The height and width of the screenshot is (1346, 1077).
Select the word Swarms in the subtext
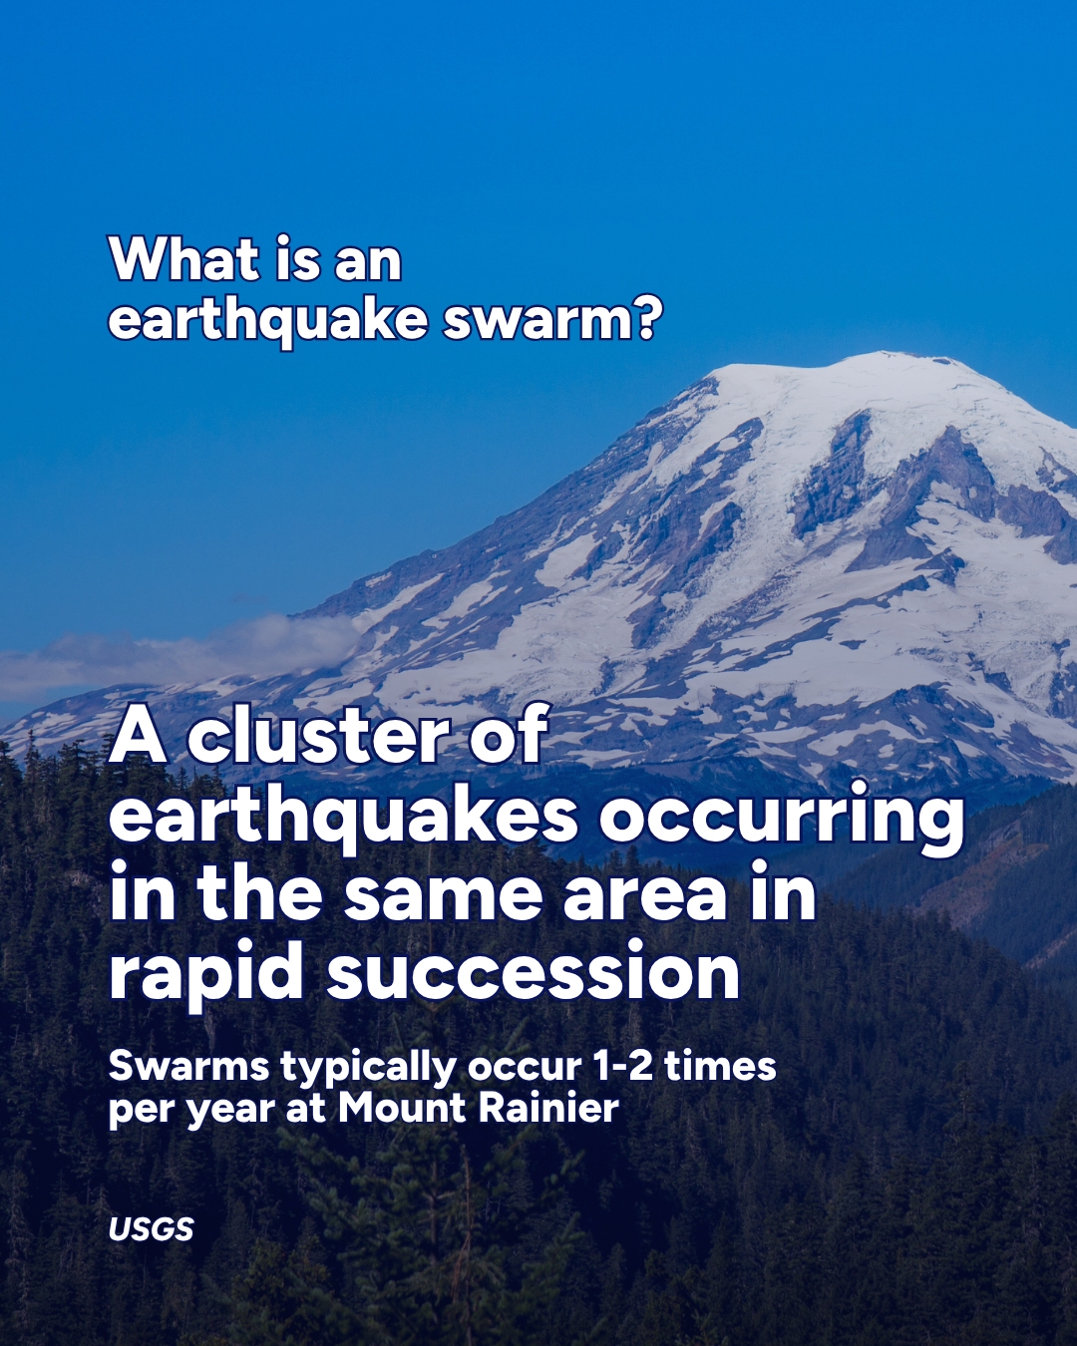click(188, 1067)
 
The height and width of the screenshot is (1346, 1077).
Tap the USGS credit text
click(151, 1229)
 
